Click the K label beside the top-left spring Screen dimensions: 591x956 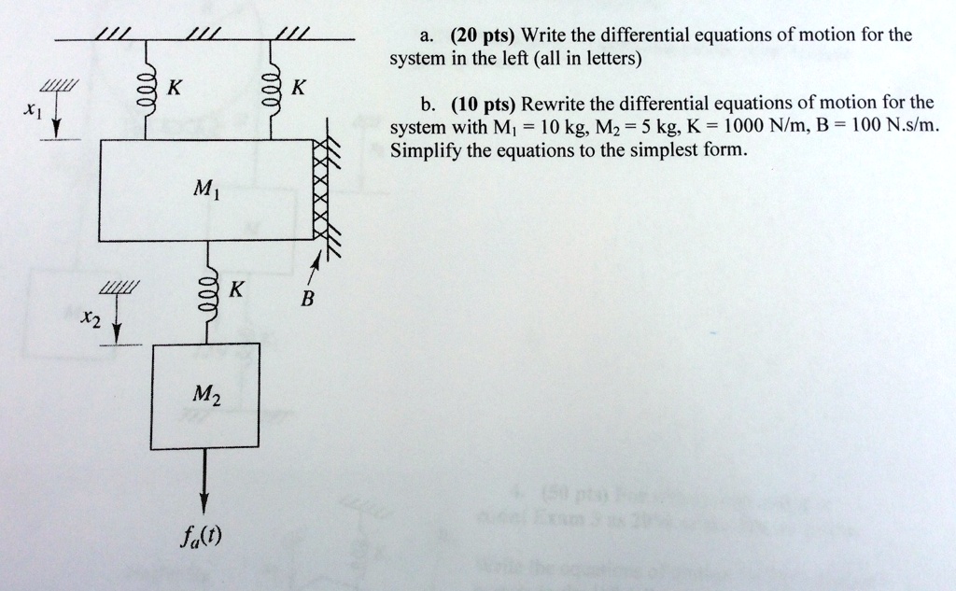[x=174, y=90]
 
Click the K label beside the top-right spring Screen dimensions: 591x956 [x=299, y=90]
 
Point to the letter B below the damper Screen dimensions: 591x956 [x=308, y=301]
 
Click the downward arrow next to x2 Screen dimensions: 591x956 [x=116, y=326]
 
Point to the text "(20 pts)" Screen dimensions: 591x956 [x=483, y=36]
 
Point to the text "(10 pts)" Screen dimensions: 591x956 [x=483, y=103]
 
